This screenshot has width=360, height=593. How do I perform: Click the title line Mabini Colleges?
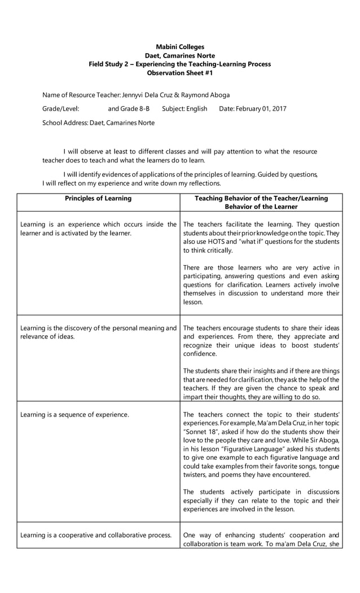pyautogui.click(x=179, y=47)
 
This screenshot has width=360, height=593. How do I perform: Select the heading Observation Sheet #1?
pyautogui.click(x=179, y=73)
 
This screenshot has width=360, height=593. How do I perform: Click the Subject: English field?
pyautogui.click(x=185, y=108)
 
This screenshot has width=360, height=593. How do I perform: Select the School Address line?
pyautogui.click(x=98, y=122)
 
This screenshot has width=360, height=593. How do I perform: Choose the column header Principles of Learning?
pyautogui.click(x=98, y=199)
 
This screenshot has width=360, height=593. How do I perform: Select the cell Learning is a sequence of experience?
pyautogui.click(x=74, y=415)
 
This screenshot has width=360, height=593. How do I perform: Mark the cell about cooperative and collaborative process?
pyautogui.click(x=95, y=535)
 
